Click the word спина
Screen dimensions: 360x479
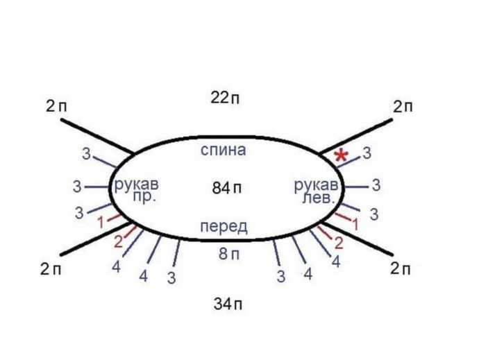pos(223,150)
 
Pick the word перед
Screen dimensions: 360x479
pos(223,228)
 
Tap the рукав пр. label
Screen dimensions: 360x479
pos(136,189)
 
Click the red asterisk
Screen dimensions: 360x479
pos(341,156)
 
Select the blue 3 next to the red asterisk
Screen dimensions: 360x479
pos(367,151)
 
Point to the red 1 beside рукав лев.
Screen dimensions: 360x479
pos(355,224)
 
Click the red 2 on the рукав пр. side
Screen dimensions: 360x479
pos(118,242)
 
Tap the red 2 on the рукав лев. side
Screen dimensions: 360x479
pos(339,243)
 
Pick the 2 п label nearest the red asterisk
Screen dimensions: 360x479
pos(402,107)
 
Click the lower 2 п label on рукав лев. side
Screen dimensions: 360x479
pos(401,269)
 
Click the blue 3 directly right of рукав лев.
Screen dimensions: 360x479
pos(376,185)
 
